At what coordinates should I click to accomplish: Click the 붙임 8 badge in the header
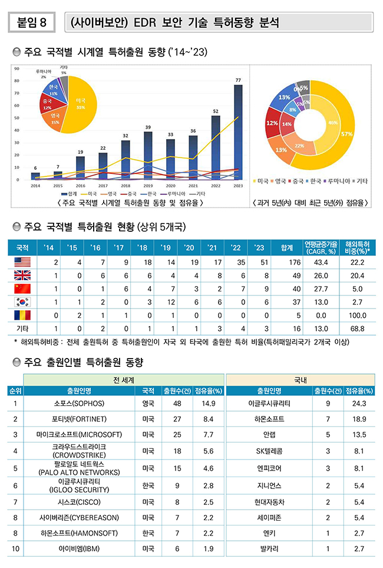pyautogui.click(x=32, y=22)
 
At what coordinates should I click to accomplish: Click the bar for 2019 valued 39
pyautogui.click(x=148, y=156)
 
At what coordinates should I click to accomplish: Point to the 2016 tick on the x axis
pyautogui.click(x=80, y=185)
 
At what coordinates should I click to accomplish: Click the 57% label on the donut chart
pyautogui.click(x=346, y=134)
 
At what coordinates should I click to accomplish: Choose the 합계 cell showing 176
pyautogui.click(x=287, y=261)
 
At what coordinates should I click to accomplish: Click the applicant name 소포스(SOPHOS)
pyautogui.click(x=79, y=403)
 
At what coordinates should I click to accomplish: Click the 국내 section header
pyautogui.click(x=300, y=379)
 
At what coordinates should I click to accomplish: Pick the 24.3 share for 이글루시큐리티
pyautogui.click(x=358, y=403)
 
